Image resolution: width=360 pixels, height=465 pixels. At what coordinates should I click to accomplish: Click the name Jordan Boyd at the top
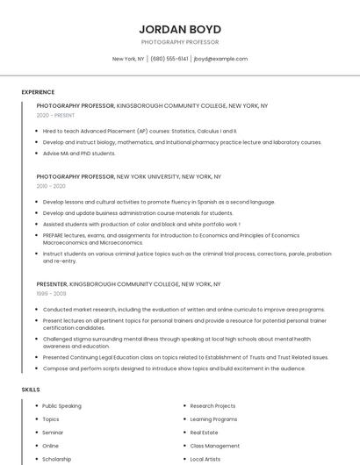point(179,29)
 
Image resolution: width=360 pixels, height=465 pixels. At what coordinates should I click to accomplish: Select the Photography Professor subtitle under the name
point(179,42)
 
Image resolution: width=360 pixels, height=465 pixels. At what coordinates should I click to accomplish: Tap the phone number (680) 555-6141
point(169,59)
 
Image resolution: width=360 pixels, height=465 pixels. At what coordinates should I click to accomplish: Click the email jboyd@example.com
point(220,59)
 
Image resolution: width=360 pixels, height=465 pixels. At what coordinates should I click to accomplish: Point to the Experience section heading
point(38,92)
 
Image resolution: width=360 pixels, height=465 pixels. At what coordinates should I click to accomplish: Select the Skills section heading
point(31,389)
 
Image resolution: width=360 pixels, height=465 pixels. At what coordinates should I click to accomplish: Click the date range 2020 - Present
point(55,115)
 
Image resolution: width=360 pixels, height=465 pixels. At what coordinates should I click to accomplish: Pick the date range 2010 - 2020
point(51,186)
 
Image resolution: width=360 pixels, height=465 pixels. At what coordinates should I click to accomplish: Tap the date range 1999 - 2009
point(51,294)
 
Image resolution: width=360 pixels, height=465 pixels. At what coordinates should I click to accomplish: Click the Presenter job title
point(51,284)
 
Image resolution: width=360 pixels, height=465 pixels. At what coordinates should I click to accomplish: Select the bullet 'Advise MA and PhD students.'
point(79,154)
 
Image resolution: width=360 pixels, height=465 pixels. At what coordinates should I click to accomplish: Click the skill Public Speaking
point(61,406)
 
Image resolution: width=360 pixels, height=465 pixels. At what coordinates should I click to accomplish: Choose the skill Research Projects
point(212,406)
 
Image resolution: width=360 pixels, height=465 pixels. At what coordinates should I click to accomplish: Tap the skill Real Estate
point(204,433)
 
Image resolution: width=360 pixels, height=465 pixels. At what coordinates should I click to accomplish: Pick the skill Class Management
point(214,446)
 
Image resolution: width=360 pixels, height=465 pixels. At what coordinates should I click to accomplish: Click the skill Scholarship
point(57,459)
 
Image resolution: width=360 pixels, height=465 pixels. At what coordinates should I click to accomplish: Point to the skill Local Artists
point(205,459)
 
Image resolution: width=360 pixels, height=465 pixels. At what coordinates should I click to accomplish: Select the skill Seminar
point(53,433)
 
